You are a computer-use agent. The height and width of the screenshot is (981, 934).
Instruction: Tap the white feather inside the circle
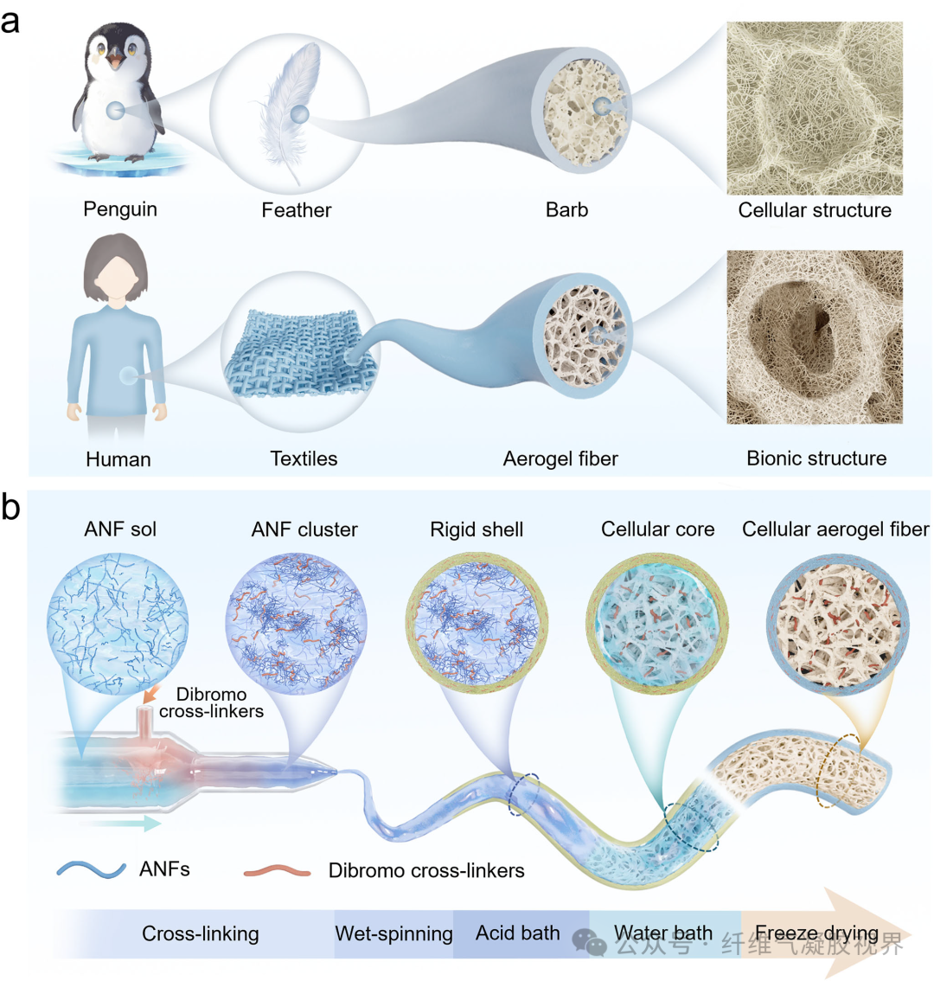(x=288, y=106)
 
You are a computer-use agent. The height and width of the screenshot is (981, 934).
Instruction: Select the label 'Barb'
(x=566, y=209)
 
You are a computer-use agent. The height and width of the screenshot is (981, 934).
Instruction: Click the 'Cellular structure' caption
(x=815, y=210)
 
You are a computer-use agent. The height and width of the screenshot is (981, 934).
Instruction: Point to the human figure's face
(x=116, y=276)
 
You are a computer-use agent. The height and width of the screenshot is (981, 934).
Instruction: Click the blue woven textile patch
(x=300, y=354)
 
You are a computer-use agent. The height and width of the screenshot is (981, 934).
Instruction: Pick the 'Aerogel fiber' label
(x=560, y=458)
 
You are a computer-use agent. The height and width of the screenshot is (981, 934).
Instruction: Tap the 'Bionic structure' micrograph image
(x=815, y=337)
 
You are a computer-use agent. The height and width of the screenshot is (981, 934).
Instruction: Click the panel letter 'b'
(x=10, y=507)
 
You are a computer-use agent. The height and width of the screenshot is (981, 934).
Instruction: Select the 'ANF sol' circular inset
(x=118, y=624)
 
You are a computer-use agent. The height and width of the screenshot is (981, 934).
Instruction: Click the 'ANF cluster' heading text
(x=304, y=530)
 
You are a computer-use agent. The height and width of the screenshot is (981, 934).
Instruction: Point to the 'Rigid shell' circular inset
(x=477, y=623)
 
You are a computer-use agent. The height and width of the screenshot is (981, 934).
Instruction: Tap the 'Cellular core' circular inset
(x=657, y=623)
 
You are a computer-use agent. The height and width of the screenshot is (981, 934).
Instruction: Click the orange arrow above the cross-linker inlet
(x=150, y=694)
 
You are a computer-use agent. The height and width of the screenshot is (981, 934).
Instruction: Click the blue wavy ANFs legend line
(x=92, y=869)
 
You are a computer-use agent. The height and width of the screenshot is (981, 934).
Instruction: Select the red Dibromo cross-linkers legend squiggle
(x=277, y=870)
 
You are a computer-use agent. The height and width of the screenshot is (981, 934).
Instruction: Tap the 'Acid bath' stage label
(x=517, y=933)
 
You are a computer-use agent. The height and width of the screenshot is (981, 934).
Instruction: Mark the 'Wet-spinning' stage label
(x=393, y=933)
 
